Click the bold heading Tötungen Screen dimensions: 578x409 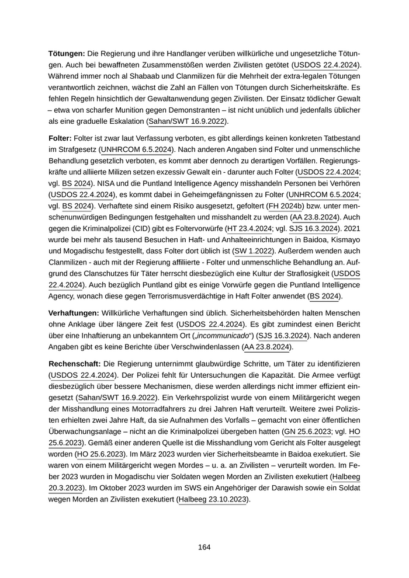[67, 53]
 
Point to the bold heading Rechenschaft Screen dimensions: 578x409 [74, 364]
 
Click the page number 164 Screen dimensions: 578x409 [204, 547]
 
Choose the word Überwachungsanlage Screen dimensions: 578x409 [84, 431]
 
